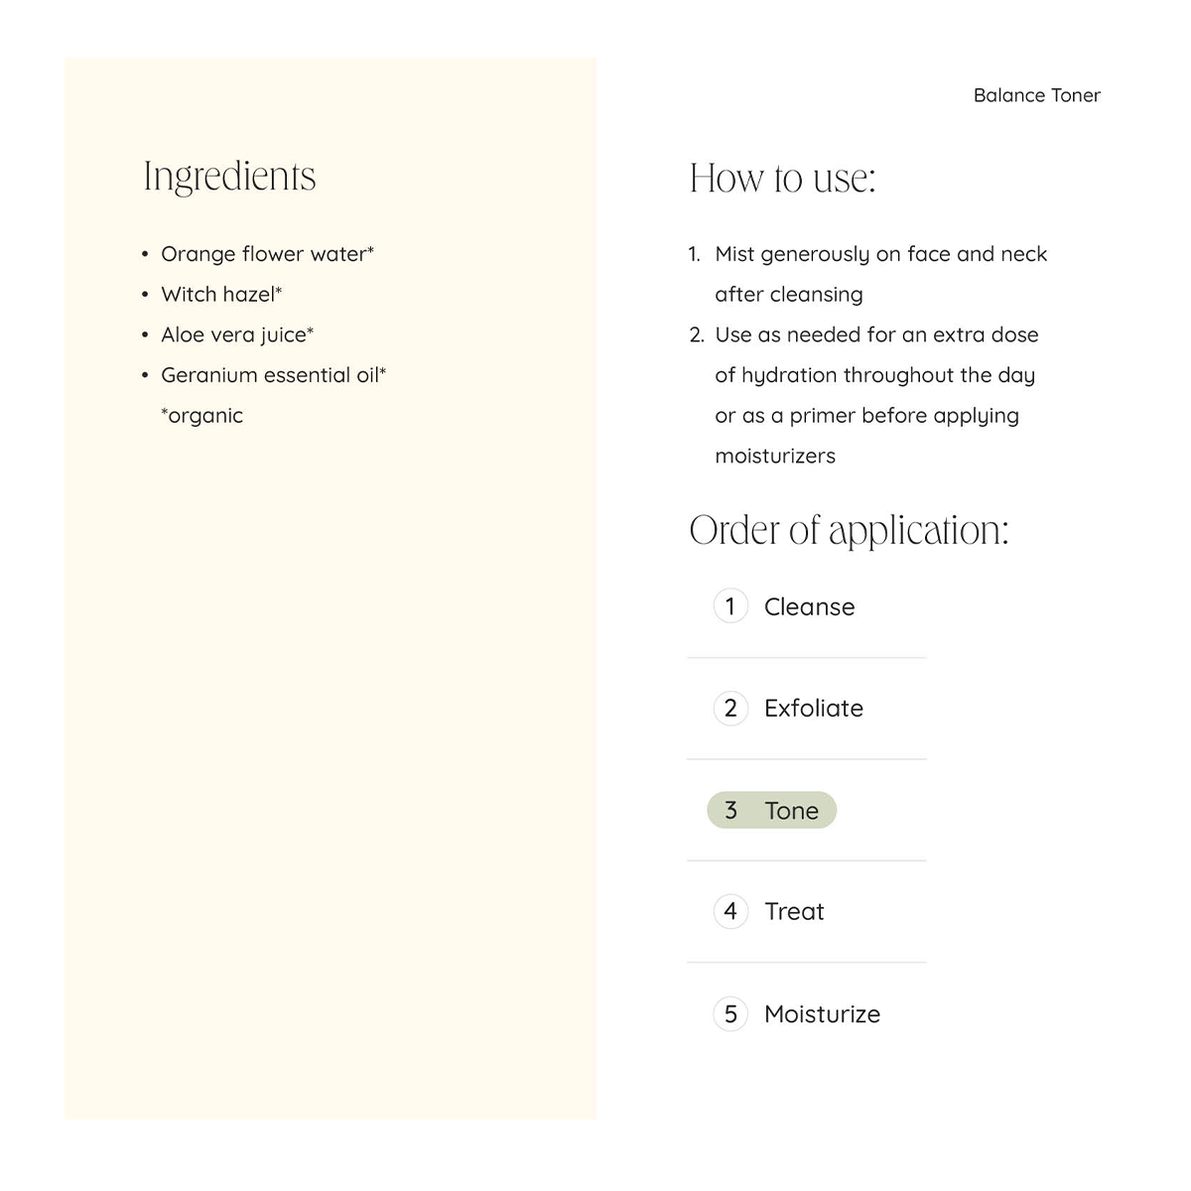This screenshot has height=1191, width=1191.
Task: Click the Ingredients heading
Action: click(x=229, y=177)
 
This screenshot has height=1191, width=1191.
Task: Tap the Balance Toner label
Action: click(x=1036, y=95)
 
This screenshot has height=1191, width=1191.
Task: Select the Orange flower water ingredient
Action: click(x=267, y=254)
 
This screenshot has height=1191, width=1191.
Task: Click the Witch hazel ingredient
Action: click(x=221, y=295)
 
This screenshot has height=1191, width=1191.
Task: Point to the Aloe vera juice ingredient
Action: click(x=237, y=335)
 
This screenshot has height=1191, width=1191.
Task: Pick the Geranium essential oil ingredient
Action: click(x=273, y=375)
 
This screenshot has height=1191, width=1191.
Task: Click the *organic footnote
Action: click(x=201, y=416)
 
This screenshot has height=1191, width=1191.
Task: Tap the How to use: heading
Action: click(x=782, y=179)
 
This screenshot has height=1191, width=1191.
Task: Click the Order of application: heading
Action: click(x=849, y=530)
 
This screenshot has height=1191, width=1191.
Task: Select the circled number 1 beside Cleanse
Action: click(x=730, y=605)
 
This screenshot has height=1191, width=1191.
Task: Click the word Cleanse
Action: click(x=809, y=606)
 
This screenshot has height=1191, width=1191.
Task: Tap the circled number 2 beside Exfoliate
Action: click(x=730, y=708)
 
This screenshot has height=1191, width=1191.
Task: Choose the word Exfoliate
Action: click(x=814, y=708)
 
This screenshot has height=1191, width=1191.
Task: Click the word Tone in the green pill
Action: click(x=791, y=811)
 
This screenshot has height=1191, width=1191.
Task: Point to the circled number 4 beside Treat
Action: click(x=730, y=911)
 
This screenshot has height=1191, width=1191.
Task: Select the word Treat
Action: click(x=794, y=911)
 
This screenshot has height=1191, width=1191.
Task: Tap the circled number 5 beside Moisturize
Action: click(x=730, y=1013)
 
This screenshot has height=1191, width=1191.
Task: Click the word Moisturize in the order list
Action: click(x=822, y=1013)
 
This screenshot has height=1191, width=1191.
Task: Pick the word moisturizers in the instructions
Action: click(x=775, y=457)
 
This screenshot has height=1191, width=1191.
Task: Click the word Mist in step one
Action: click(x=734, y=254)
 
